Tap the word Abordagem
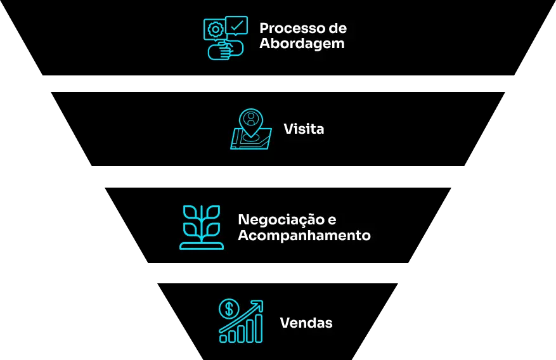[302, 44]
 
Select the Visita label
[304, 129]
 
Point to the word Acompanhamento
[304, 236]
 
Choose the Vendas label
[306, 323]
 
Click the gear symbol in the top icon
[214, 30]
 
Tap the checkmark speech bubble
[236, 25]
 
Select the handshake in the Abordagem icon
[226, 49]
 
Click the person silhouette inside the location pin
[251, 119]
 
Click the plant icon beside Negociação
[202, 227]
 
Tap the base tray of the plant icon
[202, 245]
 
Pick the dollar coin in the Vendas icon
[229, 309]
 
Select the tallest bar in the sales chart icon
[259, 328]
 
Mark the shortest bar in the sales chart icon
[223, 338]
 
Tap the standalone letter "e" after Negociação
[332, 221]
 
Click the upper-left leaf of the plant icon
[190, 212]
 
